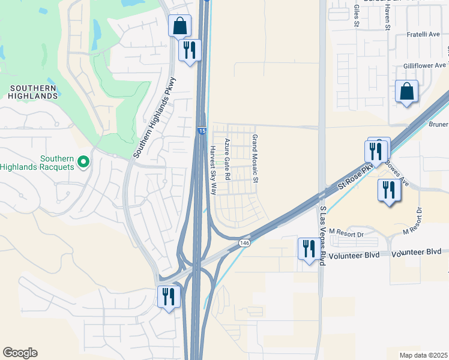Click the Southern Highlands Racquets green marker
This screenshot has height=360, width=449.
84,161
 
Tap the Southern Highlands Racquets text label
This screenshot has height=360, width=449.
39,163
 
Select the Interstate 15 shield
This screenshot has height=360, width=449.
202,130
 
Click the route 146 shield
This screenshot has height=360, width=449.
244,242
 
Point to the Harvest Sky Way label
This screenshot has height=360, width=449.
213,170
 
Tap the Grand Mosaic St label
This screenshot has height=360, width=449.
255,158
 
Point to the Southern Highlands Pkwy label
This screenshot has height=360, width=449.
155,118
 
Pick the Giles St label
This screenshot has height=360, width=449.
357,16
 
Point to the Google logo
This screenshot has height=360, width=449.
20,353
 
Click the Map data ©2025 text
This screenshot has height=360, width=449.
423,355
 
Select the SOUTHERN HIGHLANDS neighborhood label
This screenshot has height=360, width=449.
33,92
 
